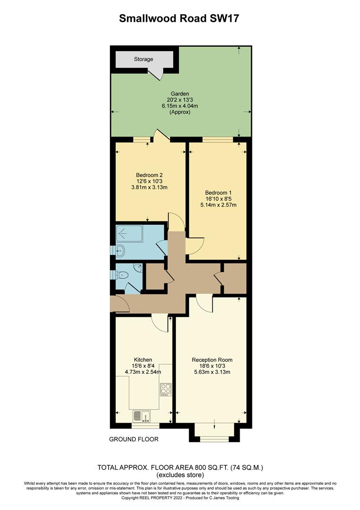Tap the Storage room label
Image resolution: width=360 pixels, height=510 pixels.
[x=143, y=59]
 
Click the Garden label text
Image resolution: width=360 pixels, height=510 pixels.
[x=180, y=93]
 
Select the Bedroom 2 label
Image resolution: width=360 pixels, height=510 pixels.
[x=149, y=174]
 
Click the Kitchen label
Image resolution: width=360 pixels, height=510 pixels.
[x=142, y=360]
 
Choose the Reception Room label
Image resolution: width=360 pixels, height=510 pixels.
[x=212, y=360]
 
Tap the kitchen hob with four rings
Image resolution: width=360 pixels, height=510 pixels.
[x=166, y=389]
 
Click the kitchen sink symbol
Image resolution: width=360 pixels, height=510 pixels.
[x=141, y=416]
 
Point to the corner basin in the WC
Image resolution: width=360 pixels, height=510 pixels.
[x=137, y=268]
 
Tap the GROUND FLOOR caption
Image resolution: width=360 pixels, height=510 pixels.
[x=134, y=439]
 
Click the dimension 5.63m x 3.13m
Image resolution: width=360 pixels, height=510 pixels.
[x=212, y=372]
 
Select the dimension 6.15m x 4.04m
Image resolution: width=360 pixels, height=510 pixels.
[x=180, y=106]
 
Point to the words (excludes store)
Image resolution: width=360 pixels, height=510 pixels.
[x=180, y=475]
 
